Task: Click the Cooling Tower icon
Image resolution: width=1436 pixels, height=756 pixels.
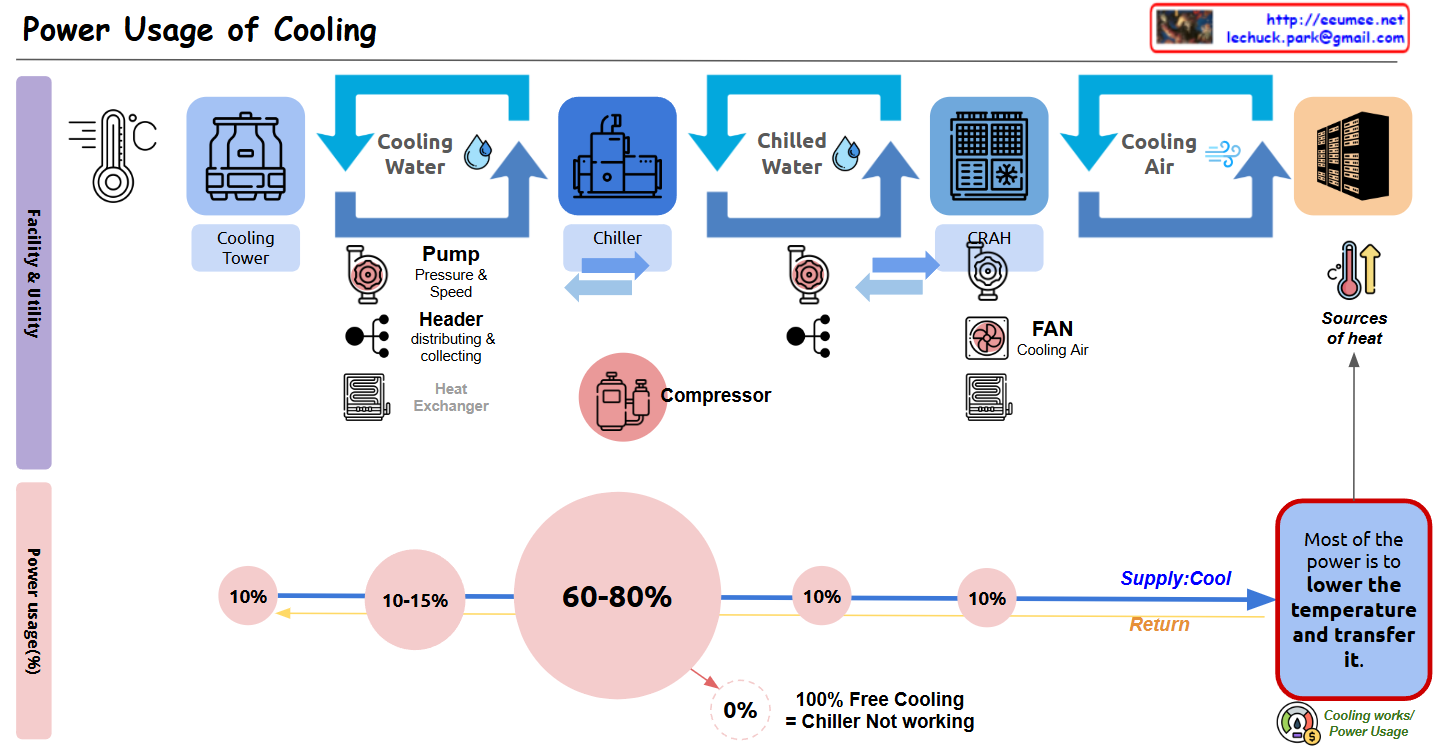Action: [245, 155]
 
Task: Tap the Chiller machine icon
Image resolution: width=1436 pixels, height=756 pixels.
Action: [617, 155]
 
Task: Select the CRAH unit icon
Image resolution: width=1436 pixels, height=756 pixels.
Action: [989, 155]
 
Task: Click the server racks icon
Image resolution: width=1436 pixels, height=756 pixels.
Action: [1352, 155]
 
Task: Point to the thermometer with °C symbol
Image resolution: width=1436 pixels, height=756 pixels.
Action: [113, 155]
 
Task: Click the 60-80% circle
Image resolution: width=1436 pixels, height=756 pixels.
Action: [617, 597]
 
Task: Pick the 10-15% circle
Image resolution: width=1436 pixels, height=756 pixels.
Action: [415, 601]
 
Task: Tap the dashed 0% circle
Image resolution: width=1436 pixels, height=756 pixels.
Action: [740, 710]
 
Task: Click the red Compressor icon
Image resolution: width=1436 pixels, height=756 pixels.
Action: [622, 396]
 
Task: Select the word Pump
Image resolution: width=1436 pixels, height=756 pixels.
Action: [451, 254]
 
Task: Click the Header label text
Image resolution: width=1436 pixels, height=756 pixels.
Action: [451, 319]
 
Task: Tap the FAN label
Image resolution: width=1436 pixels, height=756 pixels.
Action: [1052, 329]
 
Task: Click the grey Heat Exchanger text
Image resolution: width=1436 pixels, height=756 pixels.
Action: [451, 397]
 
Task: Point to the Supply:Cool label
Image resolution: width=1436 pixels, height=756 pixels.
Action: [1175, 578]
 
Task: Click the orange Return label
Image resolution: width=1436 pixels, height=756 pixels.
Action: [1159, 624]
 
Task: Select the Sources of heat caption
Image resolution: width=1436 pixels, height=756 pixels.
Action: [1354, 328]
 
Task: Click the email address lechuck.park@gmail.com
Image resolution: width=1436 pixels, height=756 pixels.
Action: [1316, 38]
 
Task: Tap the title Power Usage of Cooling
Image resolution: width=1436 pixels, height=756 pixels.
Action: [200, 30]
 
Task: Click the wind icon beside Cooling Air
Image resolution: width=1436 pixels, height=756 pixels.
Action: [1222, 154]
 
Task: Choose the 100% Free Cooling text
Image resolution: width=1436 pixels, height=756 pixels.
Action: [880, 699]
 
